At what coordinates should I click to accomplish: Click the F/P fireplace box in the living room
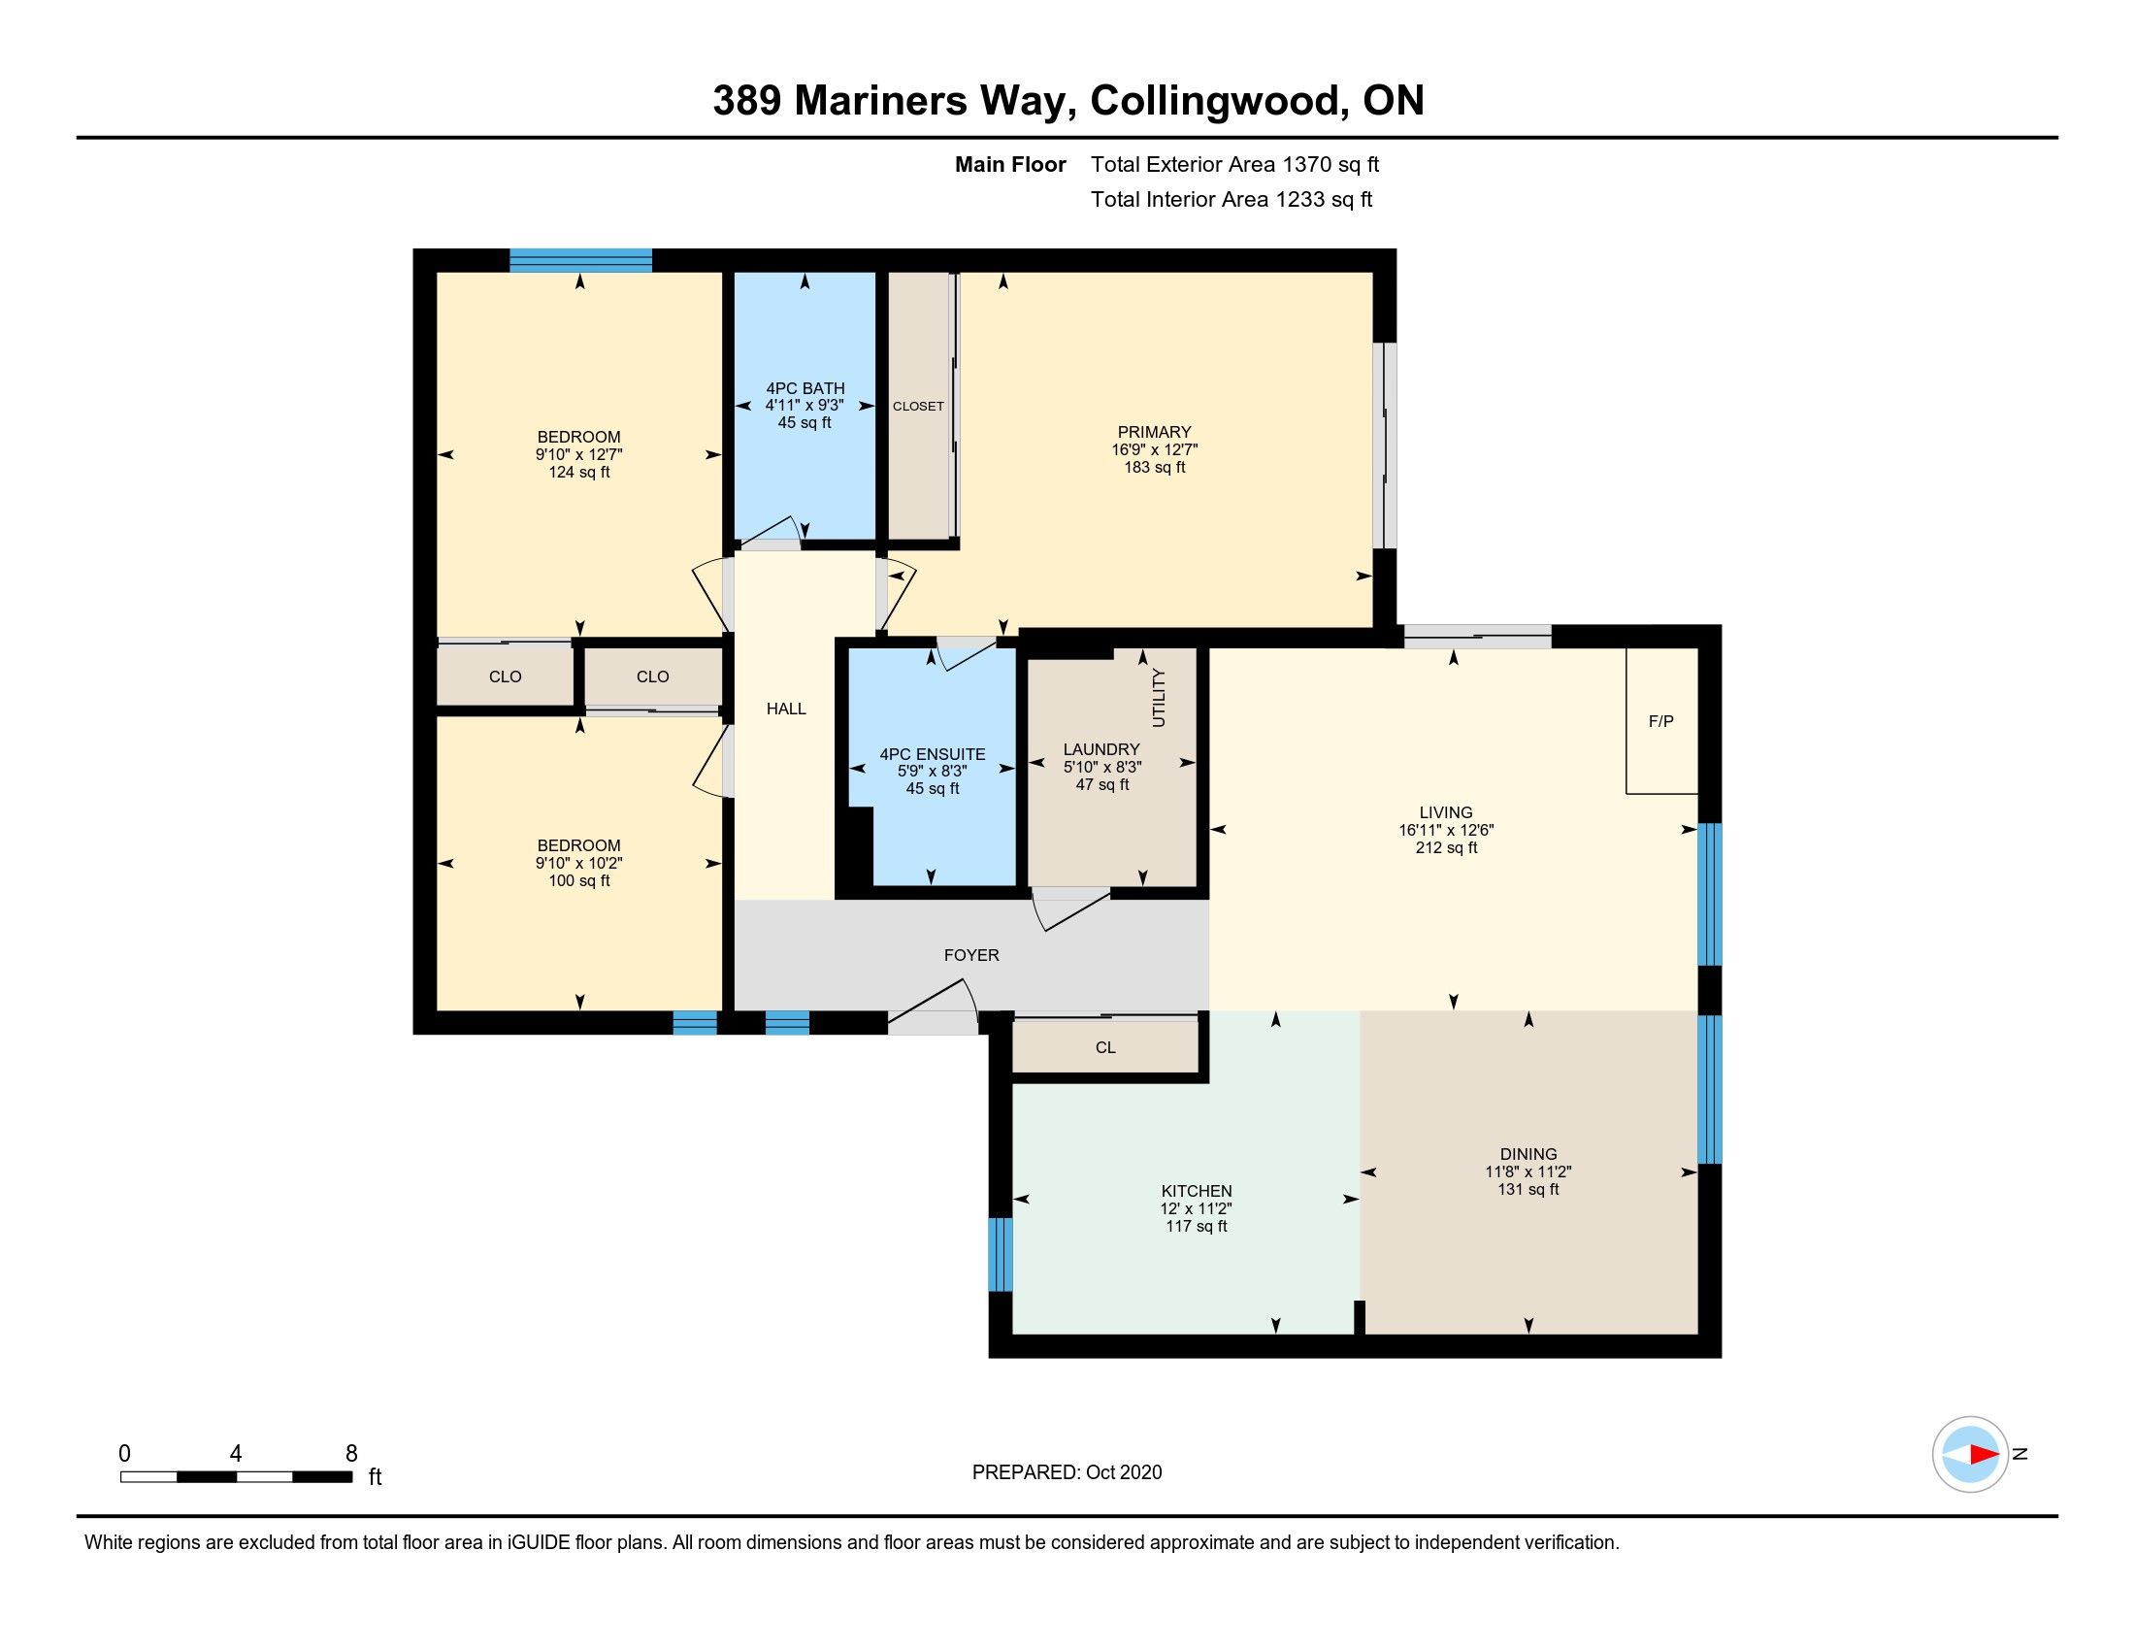click(1660, 720)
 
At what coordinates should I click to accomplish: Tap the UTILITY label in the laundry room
click(1160, 697)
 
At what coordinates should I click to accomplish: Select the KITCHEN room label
click(1197, 1191)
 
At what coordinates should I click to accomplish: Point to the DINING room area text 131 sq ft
click(1527, 1189)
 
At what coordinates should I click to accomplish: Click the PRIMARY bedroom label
click(1155, 432)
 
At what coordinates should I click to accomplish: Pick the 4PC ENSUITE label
click(933, 753)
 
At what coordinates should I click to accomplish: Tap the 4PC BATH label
click(805, 388)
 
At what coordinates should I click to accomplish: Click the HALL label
click(786, 709)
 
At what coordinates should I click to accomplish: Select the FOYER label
click(971, 955)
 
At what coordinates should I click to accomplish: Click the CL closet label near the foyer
click(1105, 1048)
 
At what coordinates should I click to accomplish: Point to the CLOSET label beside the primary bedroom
click(918, 406)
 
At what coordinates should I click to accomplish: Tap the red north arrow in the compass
click(1984, 1455)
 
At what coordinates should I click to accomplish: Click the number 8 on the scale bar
click(352, 1454)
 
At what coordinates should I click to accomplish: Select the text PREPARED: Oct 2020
click(1067, 1472)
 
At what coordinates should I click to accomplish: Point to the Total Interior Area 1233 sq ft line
click(1232, 199)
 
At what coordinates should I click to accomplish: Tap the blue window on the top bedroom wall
click(580, 260)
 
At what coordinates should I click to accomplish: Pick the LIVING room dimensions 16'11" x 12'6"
click(1446, 830)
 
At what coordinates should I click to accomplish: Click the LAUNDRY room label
click(1101, 749)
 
